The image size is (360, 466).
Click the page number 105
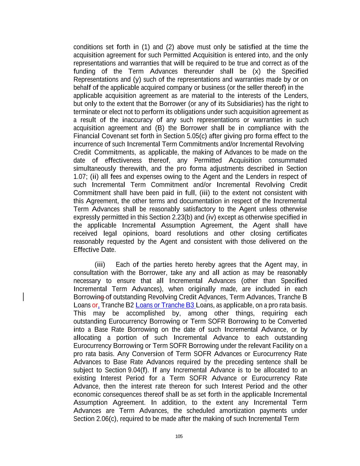(x=179, y=436)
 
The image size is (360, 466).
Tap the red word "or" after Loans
(x=95, y=305)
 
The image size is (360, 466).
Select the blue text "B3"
(x=190, y=305)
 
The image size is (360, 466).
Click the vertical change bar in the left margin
(x=23, y=297)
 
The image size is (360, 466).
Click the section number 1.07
(x=80, y=177)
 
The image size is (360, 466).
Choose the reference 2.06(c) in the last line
(x=106, y=419)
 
